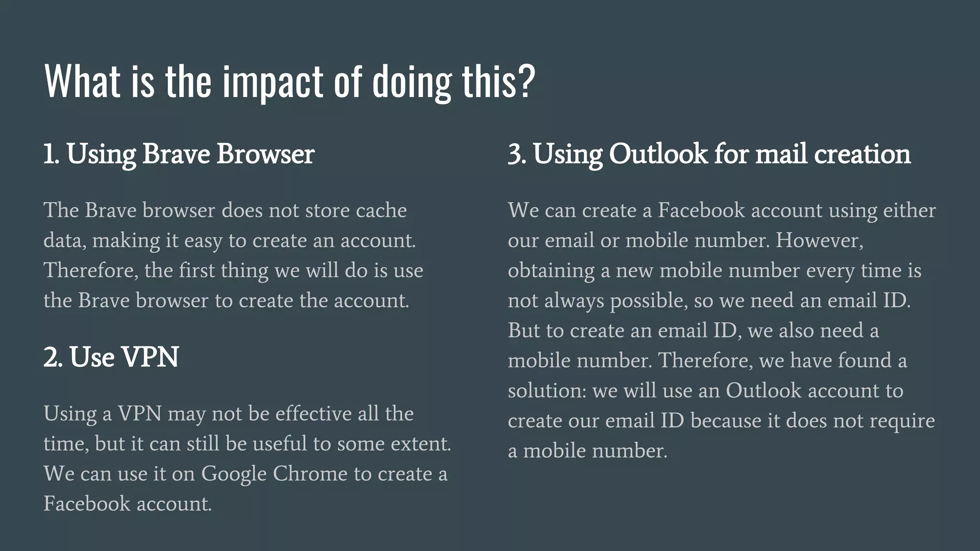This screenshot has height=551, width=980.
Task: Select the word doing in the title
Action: click(412, 82)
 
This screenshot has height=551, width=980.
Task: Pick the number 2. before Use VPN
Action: click(53, 357)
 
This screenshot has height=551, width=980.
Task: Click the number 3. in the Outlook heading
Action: click(517, 154)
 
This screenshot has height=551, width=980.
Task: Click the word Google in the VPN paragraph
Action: click(234, 474)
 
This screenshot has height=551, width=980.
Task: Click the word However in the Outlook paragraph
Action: click(819, 241)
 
